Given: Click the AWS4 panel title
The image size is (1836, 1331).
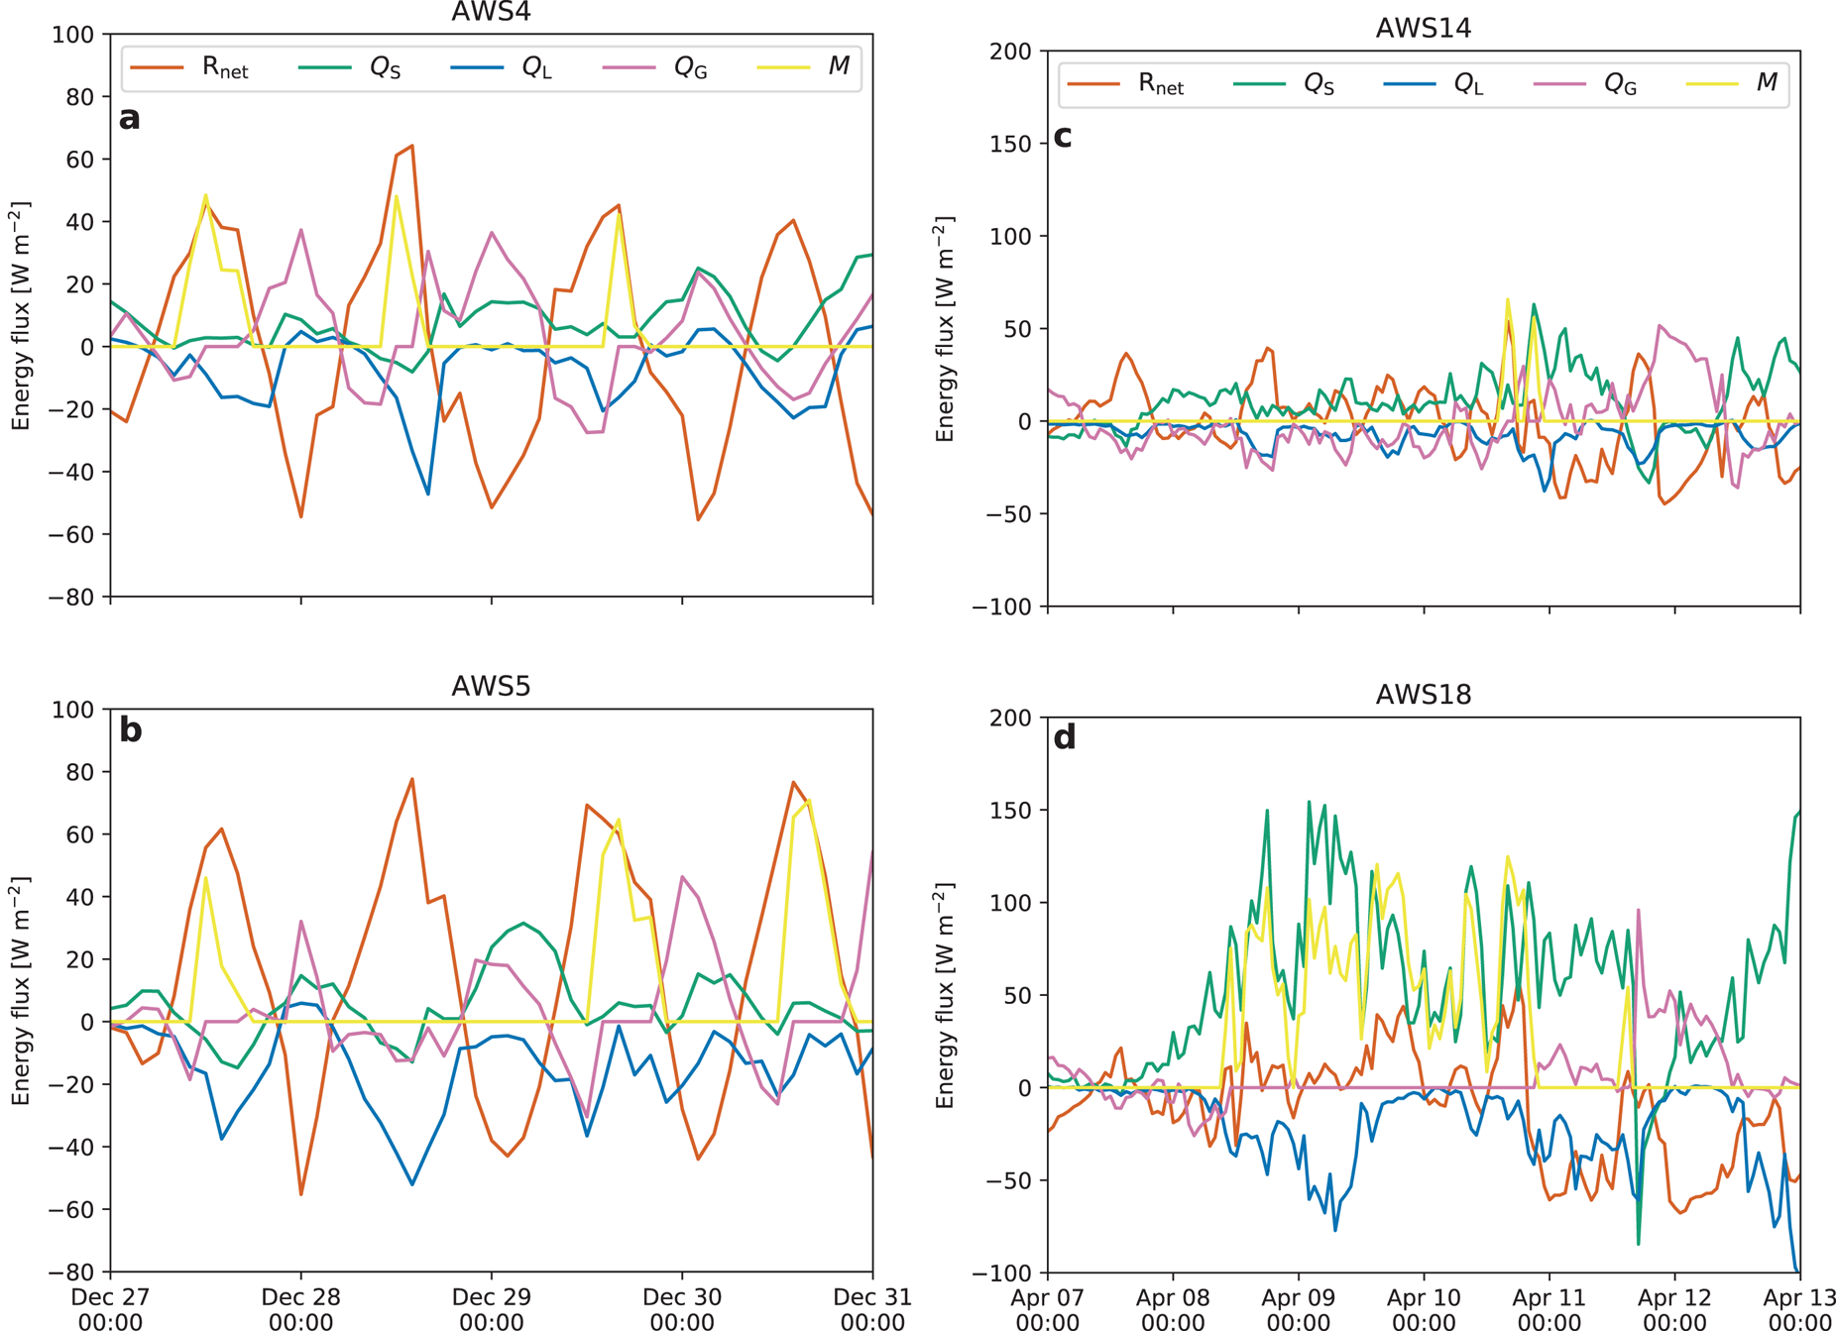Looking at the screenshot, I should [491, 12].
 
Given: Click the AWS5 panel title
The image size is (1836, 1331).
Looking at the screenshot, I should [491, 686].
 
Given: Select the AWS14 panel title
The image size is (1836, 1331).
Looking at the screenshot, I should [1423, 28].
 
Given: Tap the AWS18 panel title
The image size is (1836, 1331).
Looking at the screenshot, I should [1423, 695].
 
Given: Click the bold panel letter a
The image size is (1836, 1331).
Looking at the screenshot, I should [129, 118].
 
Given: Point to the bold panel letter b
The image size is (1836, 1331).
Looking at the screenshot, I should [130, 730].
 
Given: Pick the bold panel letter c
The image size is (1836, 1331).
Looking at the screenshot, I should [1063, 136].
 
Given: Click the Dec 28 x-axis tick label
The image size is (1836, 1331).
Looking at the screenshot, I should [300, 1308].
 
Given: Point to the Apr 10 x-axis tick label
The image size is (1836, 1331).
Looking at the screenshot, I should [1423, 1308].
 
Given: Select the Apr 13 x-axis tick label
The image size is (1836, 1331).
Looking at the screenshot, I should [1798, 1308].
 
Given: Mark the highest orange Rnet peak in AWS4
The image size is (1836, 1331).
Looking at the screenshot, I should [411, 146].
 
